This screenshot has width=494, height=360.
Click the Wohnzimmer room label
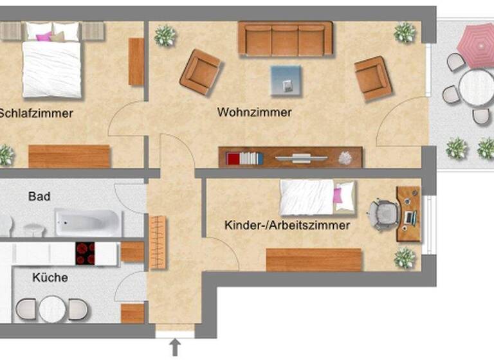point(255,113)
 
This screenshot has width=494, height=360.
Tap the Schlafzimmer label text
point(36,114)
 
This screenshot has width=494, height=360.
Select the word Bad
point(39,196)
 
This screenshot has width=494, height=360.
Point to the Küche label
point(50,278)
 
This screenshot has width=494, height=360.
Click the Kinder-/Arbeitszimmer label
point(288,226)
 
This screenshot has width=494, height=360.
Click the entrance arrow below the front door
point(174,348)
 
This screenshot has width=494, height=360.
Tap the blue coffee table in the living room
point(286,80)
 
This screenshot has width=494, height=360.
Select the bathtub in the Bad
point(87,222)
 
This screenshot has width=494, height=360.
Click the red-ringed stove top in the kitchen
point(85,253)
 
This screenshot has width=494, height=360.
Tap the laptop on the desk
point(409,217)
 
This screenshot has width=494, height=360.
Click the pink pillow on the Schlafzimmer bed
point(44,36)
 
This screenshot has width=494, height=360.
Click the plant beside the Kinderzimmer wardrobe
point(405,258)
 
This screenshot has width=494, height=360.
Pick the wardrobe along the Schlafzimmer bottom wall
point(69,156)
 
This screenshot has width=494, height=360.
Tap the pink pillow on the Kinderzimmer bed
point(338,195)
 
